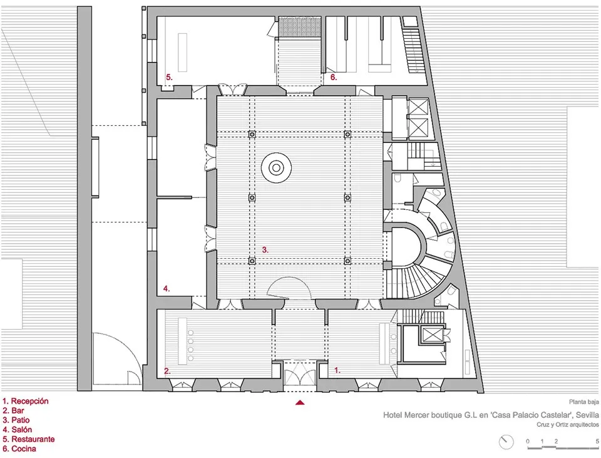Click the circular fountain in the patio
click(275, 167)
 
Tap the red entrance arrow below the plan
click(300, 403)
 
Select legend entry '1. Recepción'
click(26, 401)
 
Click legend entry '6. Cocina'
click(19, 449)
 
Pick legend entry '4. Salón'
click(18, 430)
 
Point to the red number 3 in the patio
click(265, 249)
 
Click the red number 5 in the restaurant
click(168, 77)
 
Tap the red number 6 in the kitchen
click(334, 78)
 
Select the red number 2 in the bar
click(167, 371)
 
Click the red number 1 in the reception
click(337, 370)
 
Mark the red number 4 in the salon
click(167, 289)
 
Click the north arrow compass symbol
click(506, 442)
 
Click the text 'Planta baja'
click(583, 403)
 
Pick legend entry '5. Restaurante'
click(28, 439)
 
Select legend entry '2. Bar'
click(14, 410)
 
